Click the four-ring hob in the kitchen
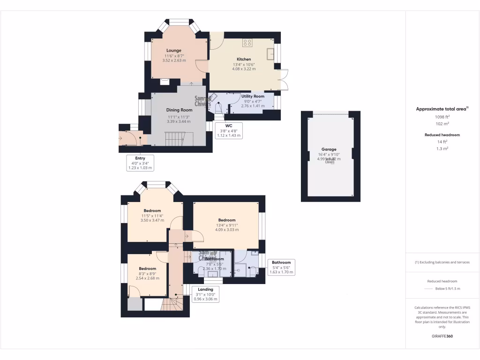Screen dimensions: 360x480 click(247, 43)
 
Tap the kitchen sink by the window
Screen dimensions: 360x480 click(270, 54)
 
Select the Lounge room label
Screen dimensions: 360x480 click(173, 51)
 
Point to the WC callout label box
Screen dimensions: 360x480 click(229, 131)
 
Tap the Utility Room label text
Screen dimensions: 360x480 click(253, 96)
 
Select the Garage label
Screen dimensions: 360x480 click(329, 150)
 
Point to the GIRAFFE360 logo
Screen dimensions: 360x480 click(442, 336)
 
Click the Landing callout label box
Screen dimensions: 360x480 click(205, 294)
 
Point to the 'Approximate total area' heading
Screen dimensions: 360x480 click(442, 109)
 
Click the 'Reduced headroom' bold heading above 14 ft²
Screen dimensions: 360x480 click(442, 135)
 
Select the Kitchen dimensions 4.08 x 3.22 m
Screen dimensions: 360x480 click(244, 69)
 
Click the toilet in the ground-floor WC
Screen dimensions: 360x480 click(218, 108)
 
